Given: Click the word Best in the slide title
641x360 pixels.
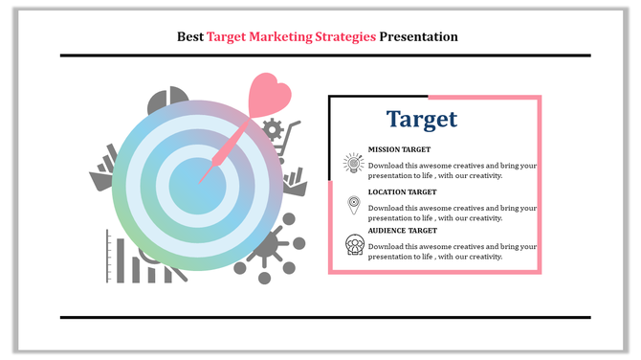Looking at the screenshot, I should (x=190, y=37).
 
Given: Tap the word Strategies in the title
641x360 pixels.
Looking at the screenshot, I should (x=346, y=37).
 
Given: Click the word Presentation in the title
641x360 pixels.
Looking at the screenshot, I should (x=419, y=37).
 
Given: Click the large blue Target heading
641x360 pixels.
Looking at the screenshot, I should (x=422, y=120).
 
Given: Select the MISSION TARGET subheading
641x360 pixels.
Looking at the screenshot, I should (x=399, y=150).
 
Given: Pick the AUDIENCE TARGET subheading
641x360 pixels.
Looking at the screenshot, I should (x=402, y=231).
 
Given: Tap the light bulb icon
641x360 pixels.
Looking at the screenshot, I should (x=354, y=165).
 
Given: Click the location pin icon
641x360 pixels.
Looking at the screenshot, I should (x=354, y=205).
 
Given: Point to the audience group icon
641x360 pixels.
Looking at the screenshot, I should (x=354, y=245).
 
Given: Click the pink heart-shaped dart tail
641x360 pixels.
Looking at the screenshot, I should (x=269, y=96).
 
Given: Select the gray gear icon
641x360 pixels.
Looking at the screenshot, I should (x=273, y=128).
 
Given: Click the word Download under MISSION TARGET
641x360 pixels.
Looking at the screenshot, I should (x=388, y=165).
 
